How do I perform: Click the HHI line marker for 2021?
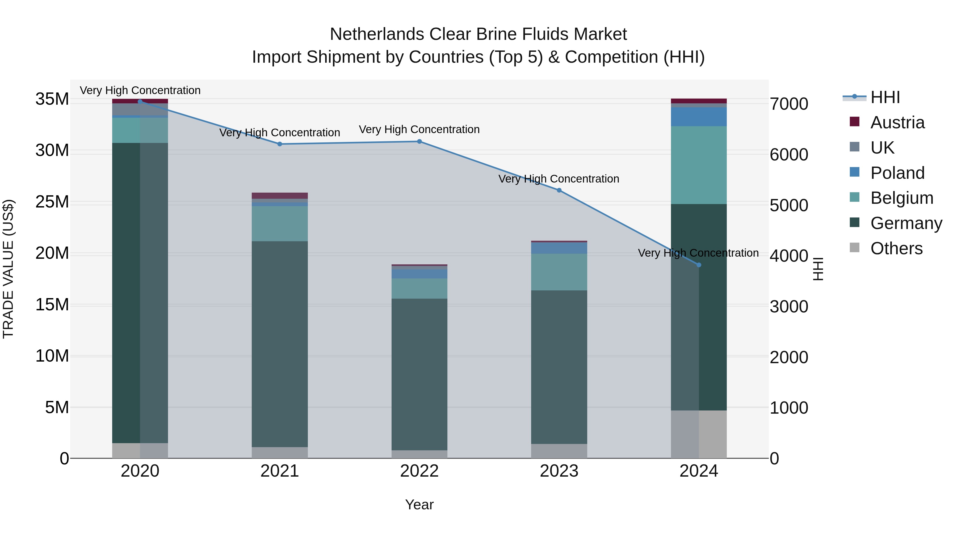pos(280,144)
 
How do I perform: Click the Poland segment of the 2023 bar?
pos(559,248)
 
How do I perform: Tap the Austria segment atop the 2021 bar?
pos(280,196)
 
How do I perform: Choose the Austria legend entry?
pos(897,122)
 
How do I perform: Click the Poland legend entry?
pos(897,173)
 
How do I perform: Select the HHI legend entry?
pos(885,97)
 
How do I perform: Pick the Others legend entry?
pos(896,248)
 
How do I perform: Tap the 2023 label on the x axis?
pos(559,471)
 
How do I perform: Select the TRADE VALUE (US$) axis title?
pos(8,269)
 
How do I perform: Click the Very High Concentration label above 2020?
pos(140,90)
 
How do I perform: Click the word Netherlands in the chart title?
pos(376,34)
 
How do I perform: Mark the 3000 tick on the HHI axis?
pos(789,307)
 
